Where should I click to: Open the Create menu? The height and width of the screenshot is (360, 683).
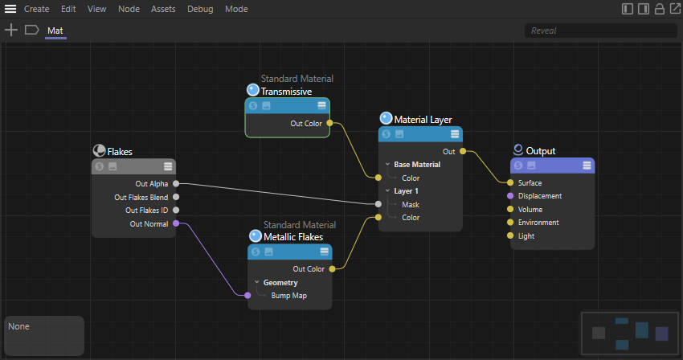coord(36,9)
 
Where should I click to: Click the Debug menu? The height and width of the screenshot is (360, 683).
coord(200,9)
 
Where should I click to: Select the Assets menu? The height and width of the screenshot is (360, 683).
coord(163,9)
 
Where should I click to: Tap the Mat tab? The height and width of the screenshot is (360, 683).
coord(55,31)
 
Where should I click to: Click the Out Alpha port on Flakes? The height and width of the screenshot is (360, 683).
coord(176,184)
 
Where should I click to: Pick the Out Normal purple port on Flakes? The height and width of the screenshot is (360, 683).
coord(176,223)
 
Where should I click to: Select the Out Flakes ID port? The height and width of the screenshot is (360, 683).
coord(176,211)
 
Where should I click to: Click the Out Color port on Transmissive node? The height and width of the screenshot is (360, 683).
coord(329,124)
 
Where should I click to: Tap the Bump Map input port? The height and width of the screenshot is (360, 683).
coord(247,296)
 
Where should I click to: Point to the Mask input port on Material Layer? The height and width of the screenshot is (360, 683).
coord(378,204)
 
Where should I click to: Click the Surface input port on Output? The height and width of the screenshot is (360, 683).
coord(510,182)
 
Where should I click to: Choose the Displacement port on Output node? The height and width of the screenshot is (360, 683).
coord(510,196)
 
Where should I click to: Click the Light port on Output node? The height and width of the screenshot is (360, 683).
coord(510,236)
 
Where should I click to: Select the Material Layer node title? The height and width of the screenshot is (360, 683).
coord(423,120)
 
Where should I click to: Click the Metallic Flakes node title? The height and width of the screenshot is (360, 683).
coord(293,237)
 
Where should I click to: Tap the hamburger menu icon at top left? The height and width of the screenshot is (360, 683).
coord(10,9)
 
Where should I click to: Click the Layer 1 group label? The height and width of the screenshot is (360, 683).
coord(407,191)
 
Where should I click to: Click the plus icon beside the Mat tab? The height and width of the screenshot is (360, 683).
coord(10,31)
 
